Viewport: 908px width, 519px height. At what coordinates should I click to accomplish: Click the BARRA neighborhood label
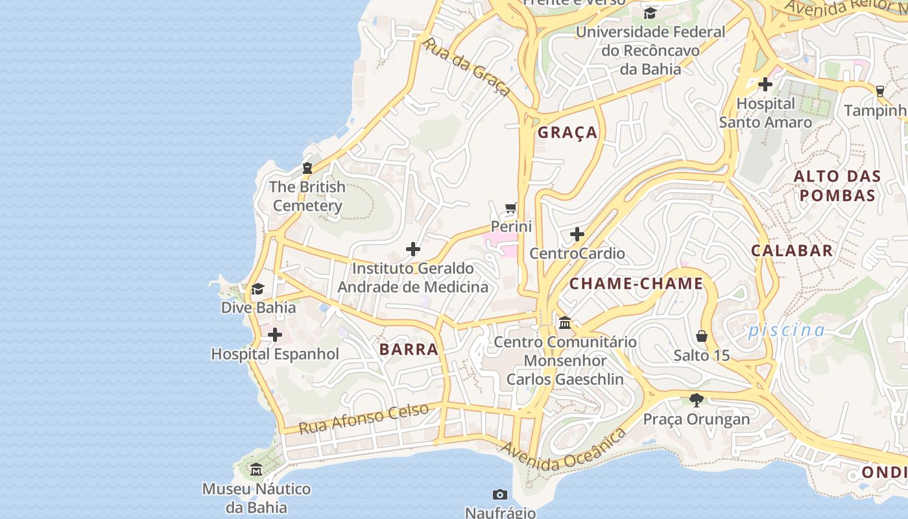click(409, 349)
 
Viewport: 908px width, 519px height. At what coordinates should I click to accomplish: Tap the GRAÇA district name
click(567, 132)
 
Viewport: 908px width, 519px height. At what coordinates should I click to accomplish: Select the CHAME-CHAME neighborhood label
click(636, 284)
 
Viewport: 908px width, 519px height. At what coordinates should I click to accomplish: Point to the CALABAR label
click(792, 250)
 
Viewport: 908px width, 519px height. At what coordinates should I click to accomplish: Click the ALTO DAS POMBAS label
click(837, 186)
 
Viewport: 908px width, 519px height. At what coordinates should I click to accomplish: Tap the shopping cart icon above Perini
click(511, 208)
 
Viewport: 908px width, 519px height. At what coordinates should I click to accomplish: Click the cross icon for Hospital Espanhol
click(275, 335)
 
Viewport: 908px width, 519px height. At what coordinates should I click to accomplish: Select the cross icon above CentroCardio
click(577, 234)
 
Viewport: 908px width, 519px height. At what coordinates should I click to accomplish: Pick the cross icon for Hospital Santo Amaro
click(765, 84)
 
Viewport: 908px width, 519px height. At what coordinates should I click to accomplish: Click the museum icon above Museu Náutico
click(256, 469)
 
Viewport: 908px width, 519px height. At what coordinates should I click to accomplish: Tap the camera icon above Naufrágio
click(499, 495)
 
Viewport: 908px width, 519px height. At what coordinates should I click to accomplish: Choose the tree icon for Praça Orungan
click(697, 400)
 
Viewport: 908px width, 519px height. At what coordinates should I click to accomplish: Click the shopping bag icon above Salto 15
click(702, 336)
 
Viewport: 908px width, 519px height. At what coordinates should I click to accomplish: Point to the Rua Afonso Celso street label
click(364, 418)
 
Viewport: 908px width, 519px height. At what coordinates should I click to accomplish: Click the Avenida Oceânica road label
click(564, 449)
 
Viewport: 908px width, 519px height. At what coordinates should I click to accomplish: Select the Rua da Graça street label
click(466, 66)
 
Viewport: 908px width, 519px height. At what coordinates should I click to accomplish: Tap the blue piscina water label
click(787, 330)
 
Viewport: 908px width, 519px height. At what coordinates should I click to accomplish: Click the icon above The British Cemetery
click(307, 168)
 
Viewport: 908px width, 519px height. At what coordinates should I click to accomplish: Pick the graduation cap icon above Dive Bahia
click(258, 289)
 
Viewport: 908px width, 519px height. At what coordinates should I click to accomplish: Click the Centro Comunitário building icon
click(565, 322)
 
